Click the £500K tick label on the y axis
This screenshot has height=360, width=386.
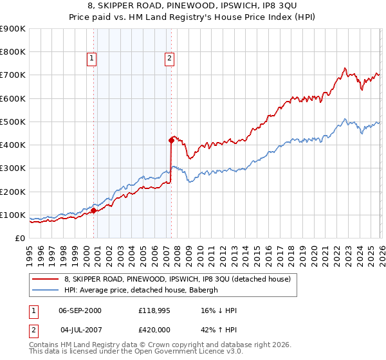point(12,122)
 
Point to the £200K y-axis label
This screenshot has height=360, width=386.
point(12,192)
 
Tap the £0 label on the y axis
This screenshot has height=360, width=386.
point(19,239)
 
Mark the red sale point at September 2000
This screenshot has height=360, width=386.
point(94,210)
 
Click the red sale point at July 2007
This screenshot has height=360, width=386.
point(171,139)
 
